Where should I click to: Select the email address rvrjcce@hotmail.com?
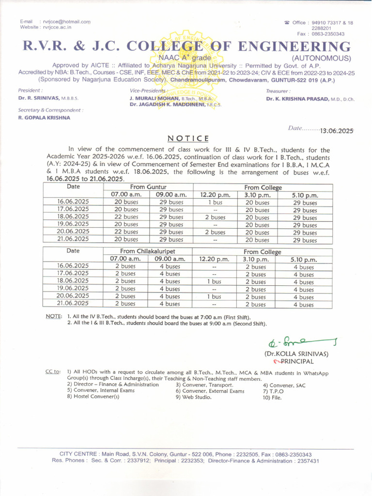pyautogui.click(x=67, y=22)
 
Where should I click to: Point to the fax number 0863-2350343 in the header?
pyautogui.click(x=327, y=34)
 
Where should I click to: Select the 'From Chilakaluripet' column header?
pyautogui.click(x=148, y=251)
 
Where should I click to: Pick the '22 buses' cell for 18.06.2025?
pyautogui.click(x=126, y=217)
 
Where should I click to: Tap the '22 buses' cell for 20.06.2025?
pyautogui.click(x=126, y=232)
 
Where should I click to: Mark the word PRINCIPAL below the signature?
pyautogui.click(x=297, y=361)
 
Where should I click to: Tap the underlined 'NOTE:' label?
pyautogui.click(x=53, y=316)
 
